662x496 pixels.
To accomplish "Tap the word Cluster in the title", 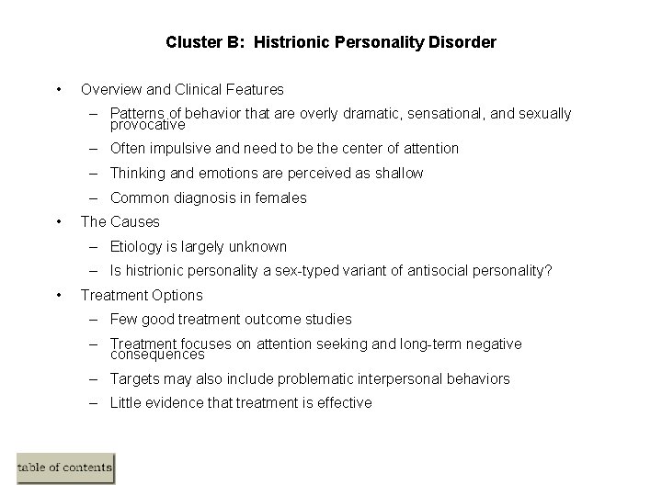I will [x=189, y=42].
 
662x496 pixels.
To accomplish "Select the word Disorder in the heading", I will [x=464, y=42].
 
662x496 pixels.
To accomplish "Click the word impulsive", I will [x=181, y=149].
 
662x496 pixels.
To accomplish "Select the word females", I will [x=280, y=197].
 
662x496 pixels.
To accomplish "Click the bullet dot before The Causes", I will [x=59, y=221].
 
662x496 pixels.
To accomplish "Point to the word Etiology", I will [x=137, y=246].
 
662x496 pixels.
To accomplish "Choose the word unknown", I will [x=257, y=246].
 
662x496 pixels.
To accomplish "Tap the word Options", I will [x=178, y=296].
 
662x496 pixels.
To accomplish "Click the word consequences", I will [x=157, y=354].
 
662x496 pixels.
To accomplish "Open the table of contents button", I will [x=65, y=468].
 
